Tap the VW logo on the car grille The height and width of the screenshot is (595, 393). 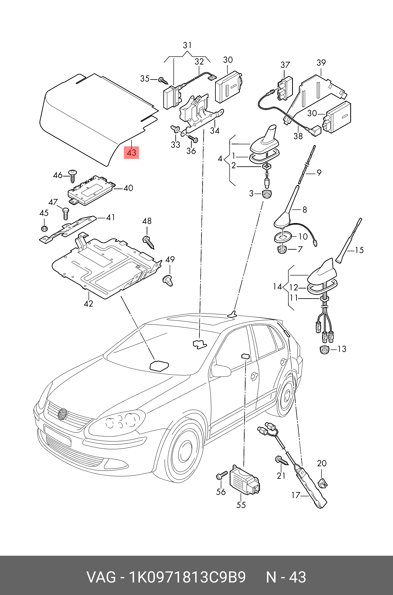click(62, 414)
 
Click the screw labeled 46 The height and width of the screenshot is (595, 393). click(73, 176)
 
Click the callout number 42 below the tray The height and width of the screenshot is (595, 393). click(88, 304)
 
